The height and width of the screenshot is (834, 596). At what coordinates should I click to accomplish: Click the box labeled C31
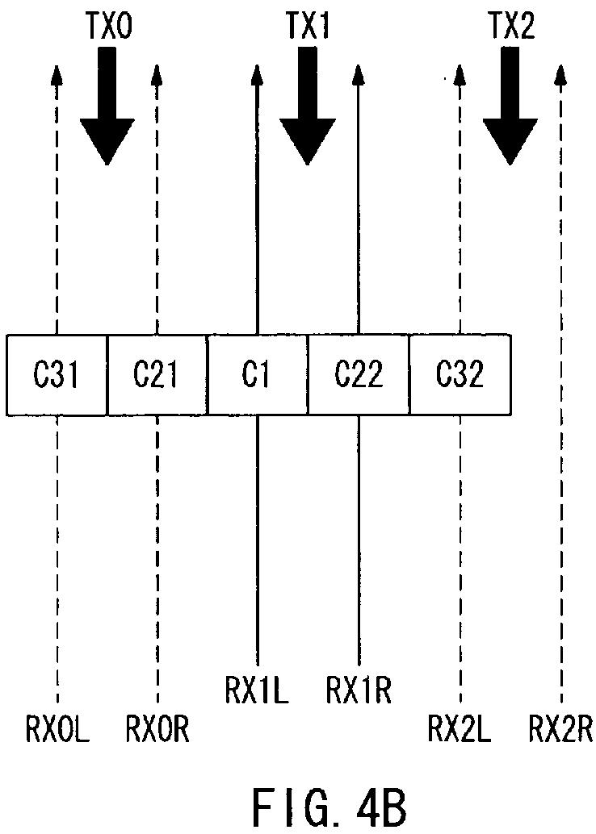57,376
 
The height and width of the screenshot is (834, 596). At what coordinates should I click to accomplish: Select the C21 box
157,376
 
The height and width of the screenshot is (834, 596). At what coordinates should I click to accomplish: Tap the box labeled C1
257,376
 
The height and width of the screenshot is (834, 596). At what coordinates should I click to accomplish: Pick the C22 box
359,376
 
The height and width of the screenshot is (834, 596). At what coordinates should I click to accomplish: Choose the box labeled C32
460,376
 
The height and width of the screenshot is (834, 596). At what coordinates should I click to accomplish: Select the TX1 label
308,25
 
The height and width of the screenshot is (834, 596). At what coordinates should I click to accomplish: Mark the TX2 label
511,25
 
